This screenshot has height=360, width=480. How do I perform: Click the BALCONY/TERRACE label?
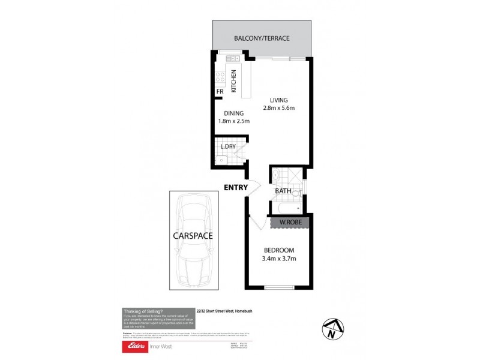pyautogui.click(x=262, y=38)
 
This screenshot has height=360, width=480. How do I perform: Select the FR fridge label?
pyautogui.click(x=220, y=92)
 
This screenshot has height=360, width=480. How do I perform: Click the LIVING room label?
pyautogui.click(x=279, y=100)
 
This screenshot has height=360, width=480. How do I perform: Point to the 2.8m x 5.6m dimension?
pyautogui.click(x=279, y=109)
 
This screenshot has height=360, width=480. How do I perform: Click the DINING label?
pyautogui.click(x=233, y=113)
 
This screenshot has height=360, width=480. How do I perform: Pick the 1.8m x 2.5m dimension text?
pyautogui.click(x=234, y=121)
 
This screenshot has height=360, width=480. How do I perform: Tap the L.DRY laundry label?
pyautogui.click(x=227, y=146)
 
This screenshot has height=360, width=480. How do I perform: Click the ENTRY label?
pyautogui.click(x=236, y=188)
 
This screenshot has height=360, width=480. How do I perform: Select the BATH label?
pyautogui.click(x=283, y=191)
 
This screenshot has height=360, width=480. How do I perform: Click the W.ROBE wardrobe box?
pyautogui.click(x=290, y=223)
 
